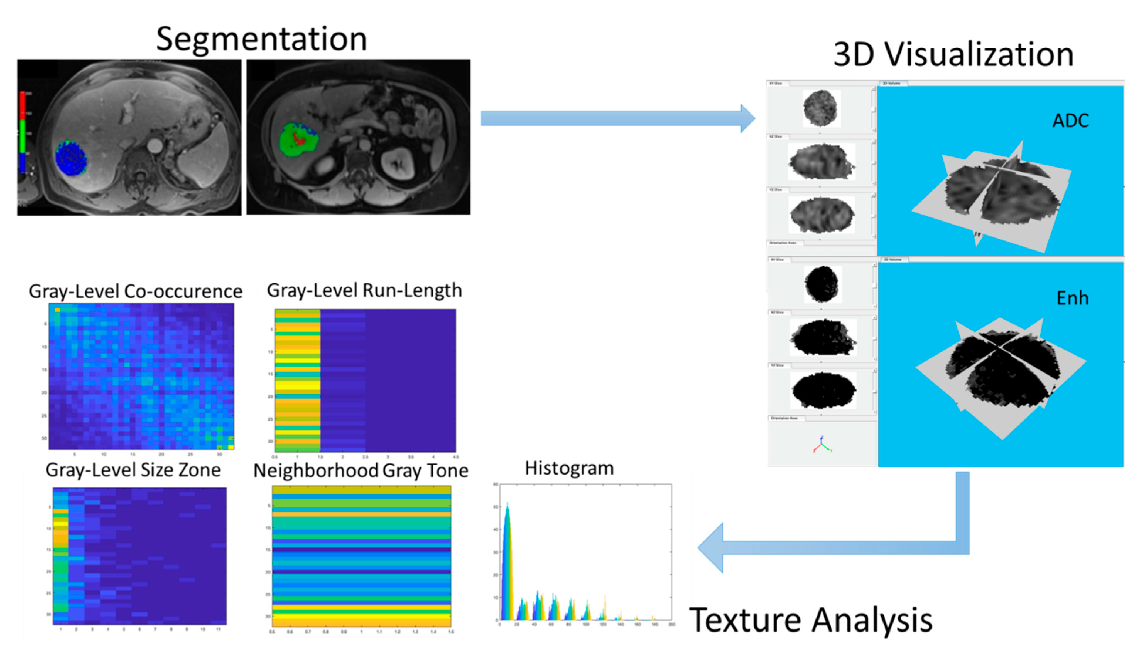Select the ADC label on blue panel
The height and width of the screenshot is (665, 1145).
(1070, 121)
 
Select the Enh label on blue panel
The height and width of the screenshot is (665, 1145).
(1072, 298)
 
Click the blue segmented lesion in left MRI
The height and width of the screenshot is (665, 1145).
(71, 158)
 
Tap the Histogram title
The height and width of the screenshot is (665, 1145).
(569, 468)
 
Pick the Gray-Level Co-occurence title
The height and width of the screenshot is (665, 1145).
(135, 291)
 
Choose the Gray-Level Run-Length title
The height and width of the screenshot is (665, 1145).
(364, 291)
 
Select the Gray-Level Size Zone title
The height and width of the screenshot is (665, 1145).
(133, 470)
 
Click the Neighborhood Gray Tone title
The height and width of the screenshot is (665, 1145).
(361, 471)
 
